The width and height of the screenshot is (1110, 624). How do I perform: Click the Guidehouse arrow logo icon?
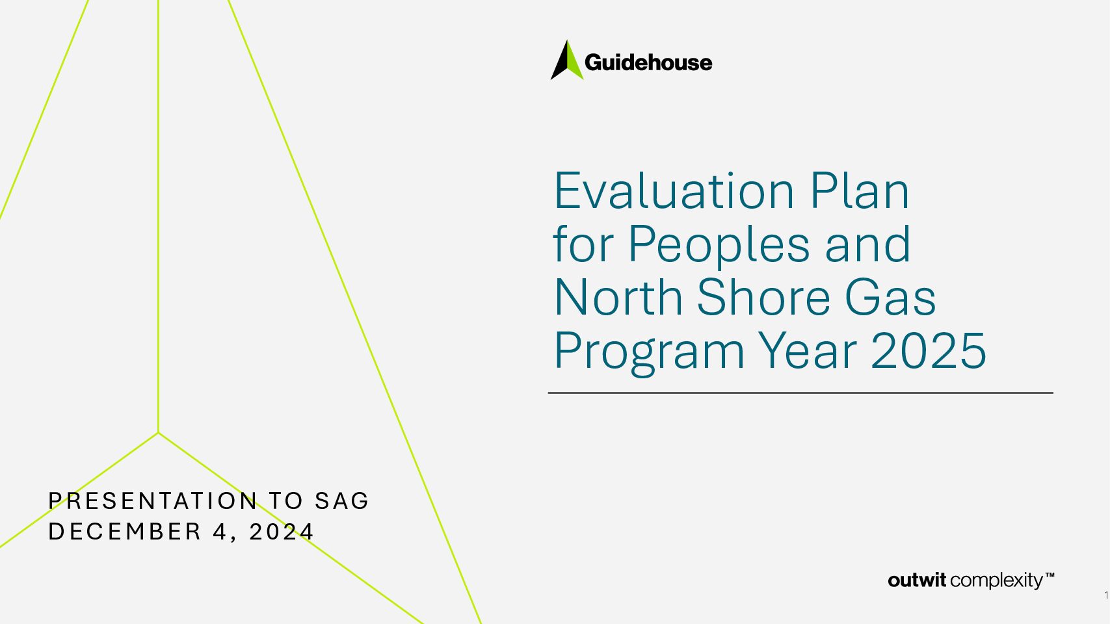click(567, 60)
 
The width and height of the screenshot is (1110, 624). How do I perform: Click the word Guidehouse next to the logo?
click(648, 63)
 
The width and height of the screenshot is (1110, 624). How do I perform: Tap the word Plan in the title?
click(860, 191)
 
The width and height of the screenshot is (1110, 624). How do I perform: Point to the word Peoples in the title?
click(719, 246)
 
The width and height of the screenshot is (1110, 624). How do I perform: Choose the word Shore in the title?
click(763, 297)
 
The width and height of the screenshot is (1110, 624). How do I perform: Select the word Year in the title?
click(807, 350)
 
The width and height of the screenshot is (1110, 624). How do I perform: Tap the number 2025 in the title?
click(929, 351)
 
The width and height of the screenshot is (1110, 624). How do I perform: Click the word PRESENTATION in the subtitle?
click(153, 500)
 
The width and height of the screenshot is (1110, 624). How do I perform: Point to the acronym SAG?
click(342, 500)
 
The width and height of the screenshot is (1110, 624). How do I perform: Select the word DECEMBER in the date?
click(125, 532)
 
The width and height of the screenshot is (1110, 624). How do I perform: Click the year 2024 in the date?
click(281, 532)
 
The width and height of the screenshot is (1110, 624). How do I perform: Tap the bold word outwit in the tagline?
click(917, 580)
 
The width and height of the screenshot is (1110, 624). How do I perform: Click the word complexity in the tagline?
click(996, 581)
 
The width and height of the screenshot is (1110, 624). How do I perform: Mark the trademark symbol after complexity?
click(1050, 575)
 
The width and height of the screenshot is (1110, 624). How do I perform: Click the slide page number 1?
click(1106, 595)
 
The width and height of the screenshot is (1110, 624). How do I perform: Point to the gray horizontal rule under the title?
click(800, 393)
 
